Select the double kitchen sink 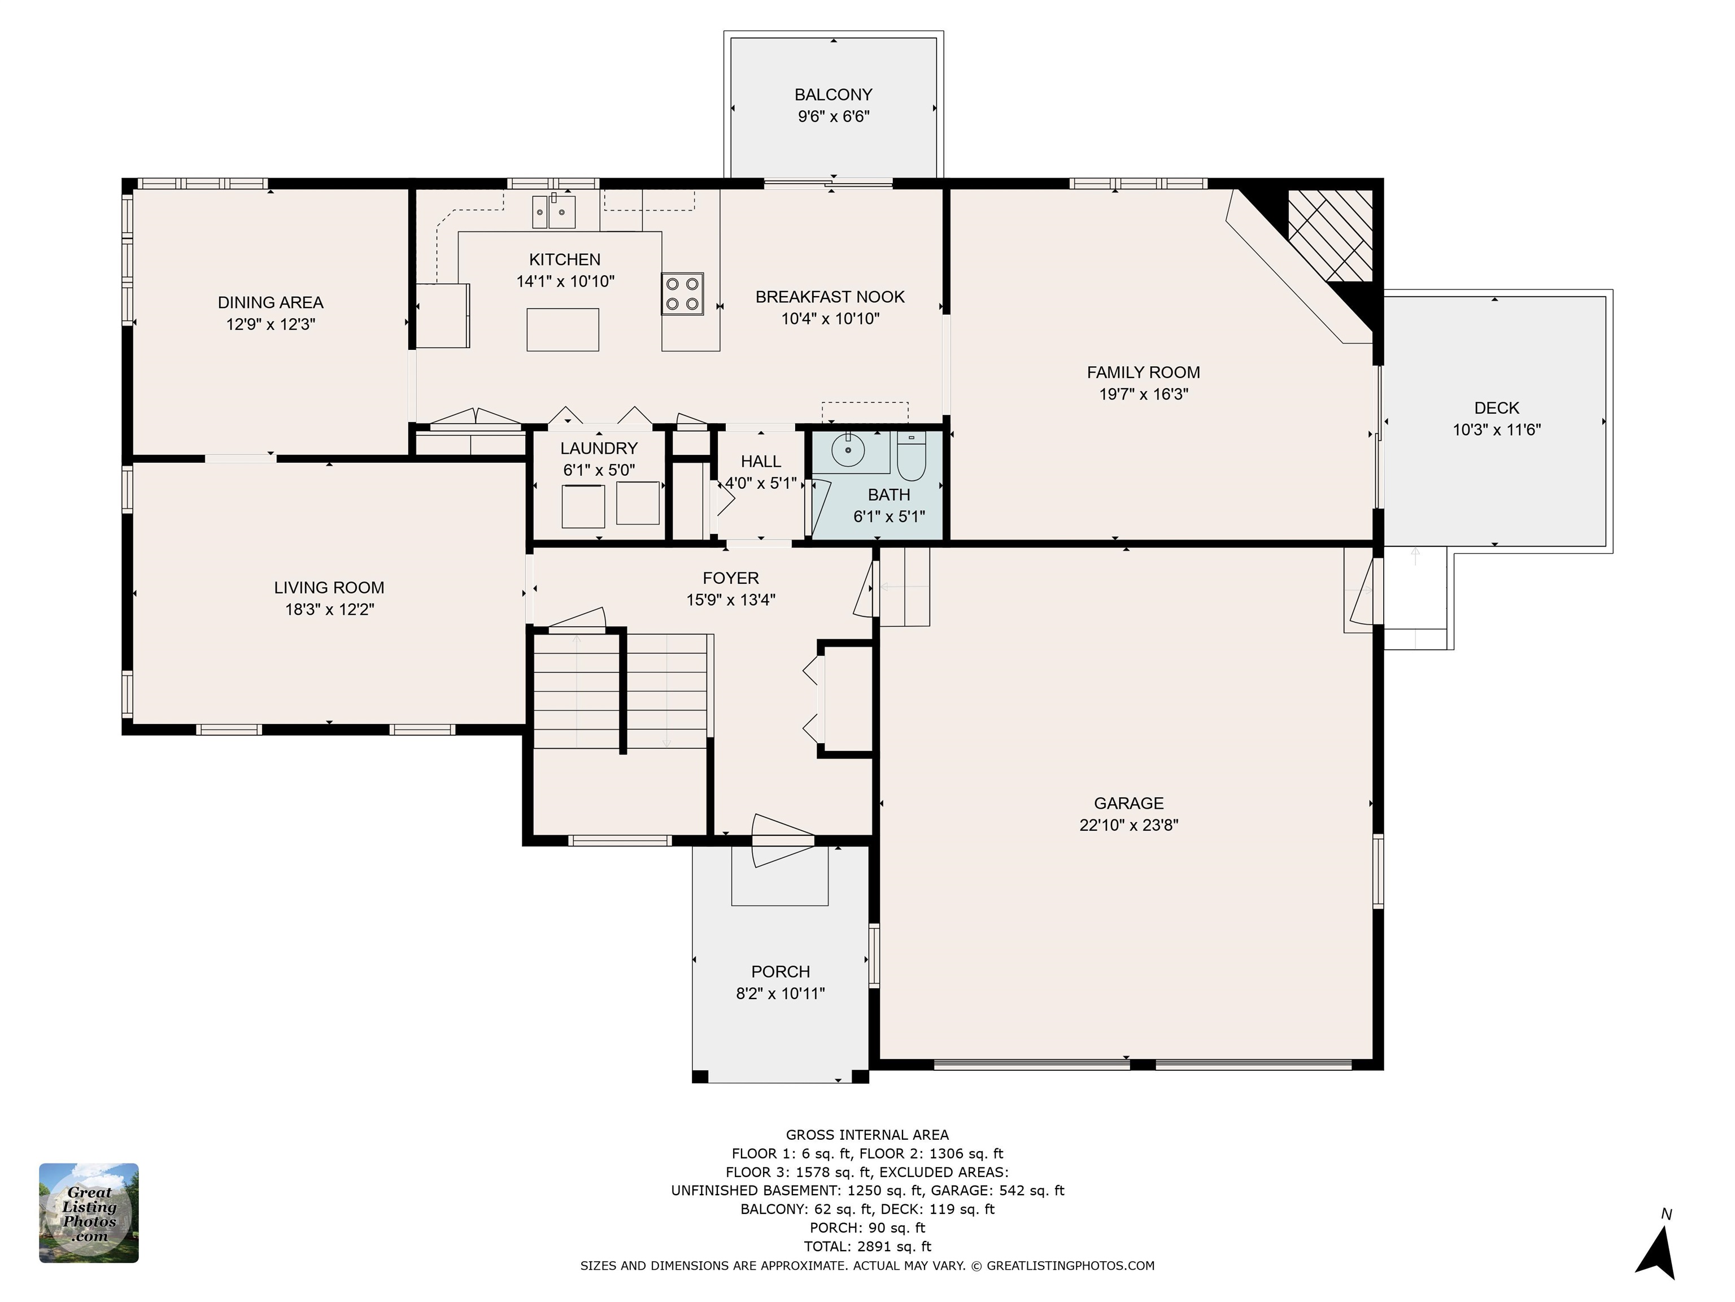click(553, 211)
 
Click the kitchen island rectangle click(563, 329)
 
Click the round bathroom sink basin click(847, 450)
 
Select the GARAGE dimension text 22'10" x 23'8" click(1128, 826)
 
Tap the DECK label click(1497, 408)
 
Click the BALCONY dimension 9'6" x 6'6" click(834, 117)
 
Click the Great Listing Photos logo click(89, 1213)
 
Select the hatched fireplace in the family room click(1330, 236)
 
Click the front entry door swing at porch click(783, 840)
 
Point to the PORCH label click(781, 971)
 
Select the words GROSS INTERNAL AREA click(867, 1135)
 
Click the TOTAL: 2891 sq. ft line click(867, 1246)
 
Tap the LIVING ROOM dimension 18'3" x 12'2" click(329, 610)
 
